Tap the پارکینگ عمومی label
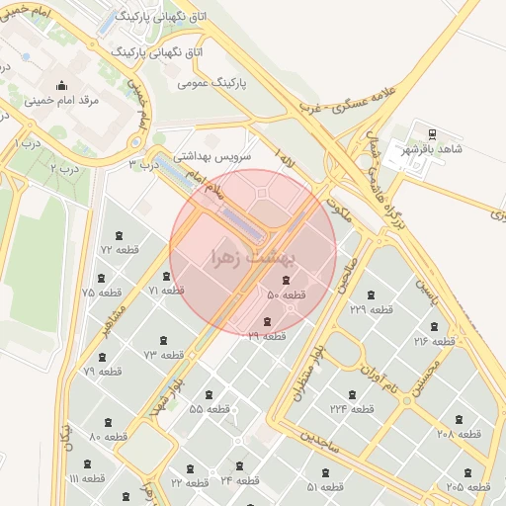pos(212,82)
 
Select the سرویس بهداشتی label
pos(212,156)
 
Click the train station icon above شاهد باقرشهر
pos(432,134)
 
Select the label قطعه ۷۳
pos(164,354)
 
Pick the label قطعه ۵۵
pos(210,408)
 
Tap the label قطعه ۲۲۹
pos(371,309)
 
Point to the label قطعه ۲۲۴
pos(352,408)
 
